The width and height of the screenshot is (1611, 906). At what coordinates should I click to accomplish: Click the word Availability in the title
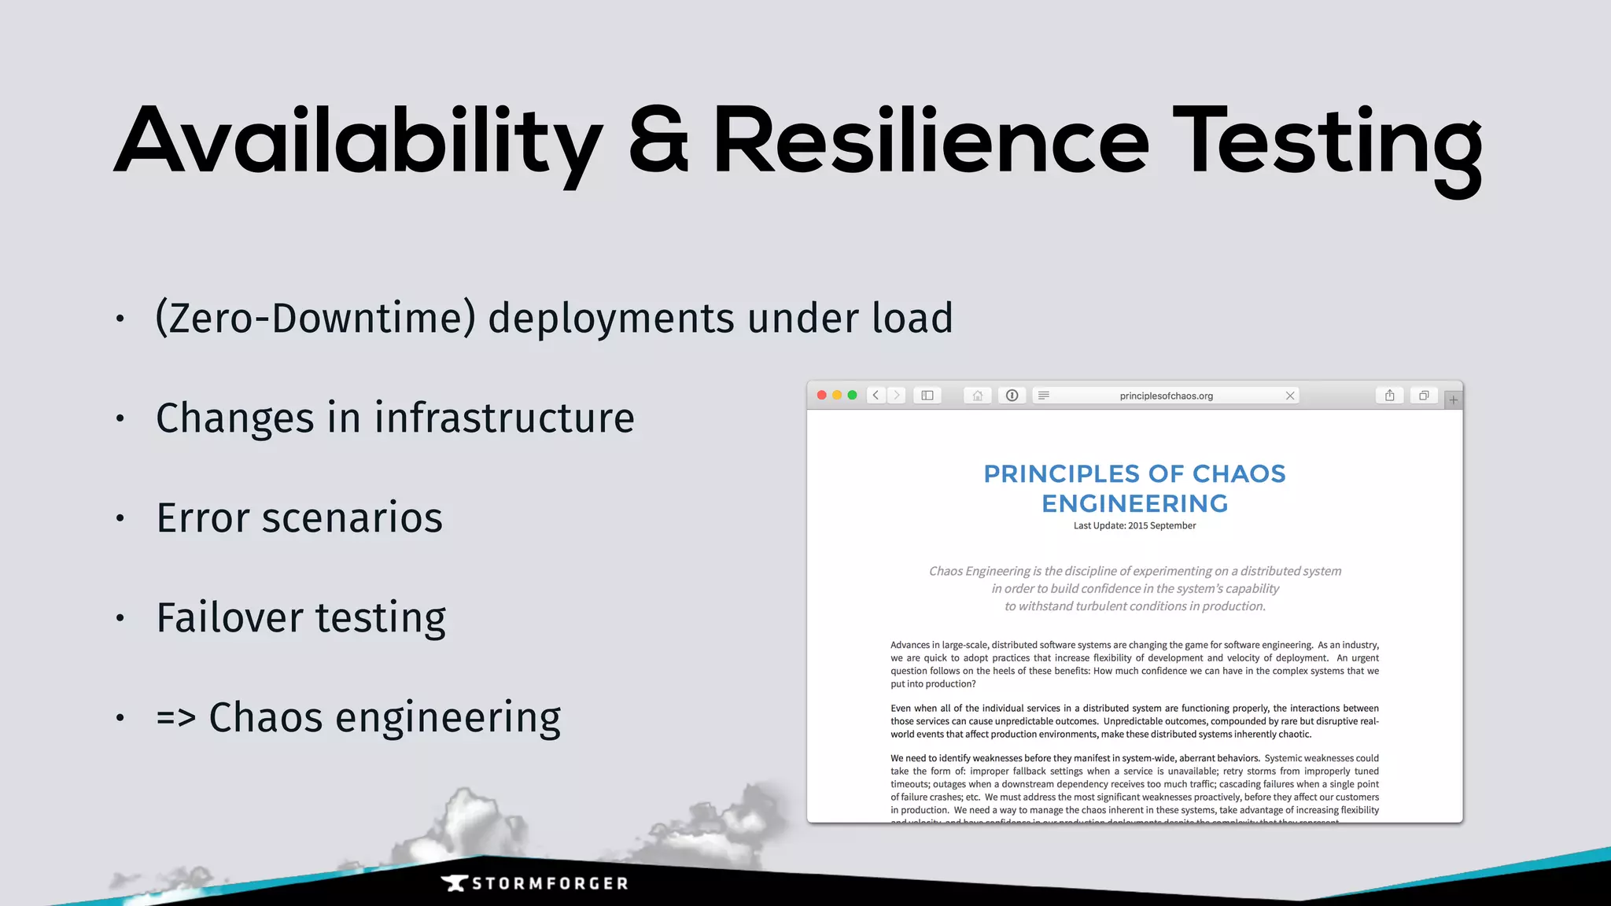coord(359,142)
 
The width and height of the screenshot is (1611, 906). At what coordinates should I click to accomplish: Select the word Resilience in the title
coord(931,142)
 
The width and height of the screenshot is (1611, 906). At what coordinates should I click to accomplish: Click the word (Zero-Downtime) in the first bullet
coord(315,319)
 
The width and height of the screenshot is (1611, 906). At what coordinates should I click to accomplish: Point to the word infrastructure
coord(504,418)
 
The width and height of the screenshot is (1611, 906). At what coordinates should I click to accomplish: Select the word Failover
coord(229,617)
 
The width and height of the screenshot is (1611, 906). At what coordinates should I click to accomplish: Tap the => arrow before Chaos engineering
coord(175,717)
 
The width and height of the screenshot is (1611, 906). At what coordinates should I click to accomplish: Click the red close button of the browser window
coord(822,396)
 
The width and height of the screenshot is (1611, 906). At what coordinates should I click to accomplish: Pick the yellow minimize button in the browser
coord(837,396)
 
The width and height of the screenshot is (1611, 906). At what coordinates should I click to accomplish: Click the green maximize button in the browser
coord(852,396)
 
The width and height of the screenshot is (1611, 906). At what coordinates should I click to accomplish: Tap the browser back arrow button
coord(876,396)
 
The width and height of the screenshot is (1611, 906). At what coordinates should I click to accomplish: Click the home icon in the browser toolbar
coord(977,396)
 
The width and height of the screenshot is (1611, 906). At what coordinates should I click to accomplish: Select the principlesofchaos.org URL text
coord(1166,396)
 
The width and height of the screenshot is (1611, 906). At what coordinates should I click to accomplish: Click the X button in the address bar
coord(1290,396)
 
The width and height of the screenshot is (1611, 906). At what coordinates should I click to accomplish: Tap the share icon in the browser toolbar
coord(1390,396)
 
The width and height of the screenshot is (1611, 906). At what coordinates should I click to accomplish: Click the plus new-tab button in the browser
coord(1454,400)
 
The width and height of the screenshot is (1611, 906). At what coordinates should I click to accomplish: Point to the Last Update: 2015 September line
coord(1134,526)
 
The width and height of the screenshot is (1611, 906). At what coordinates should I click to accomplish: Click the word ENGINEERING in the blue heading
coord(1134,503)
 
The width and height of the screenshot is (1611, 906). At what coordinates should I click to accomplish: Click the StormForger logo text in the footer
coord(549,884)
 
